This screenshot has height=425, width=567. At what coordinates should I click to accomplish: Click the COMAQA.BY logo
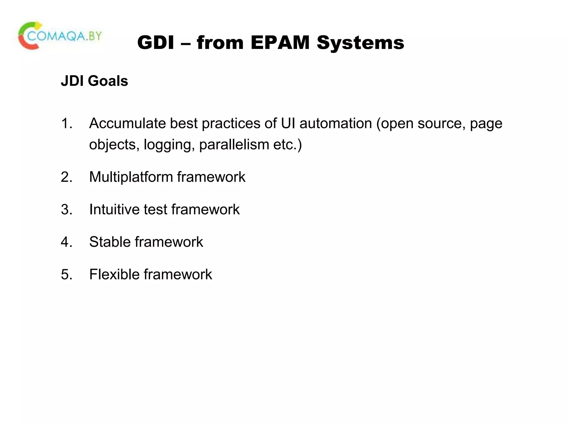(x=60, y=36)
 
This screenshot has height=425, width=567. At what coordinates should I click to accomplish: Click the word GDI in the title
(x=156, y=43)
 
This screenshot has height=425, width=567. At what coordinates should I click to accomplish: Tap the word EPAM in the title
(x=280, y=43)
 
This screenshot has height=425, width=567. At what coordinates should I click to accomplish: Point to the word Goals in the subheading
(x=108, y=81)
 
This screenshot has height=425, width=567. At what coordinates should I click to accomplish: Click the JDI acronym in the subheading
(x=72, y=81)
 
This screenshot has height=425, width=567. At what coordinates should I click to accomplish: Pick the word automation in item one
(x=336, y=123)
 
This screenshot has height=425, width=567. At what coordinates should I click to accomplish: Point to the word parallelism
(x=234, y=145)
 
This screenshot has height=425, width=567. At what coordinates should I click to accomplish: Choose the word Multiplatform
(x=131, y=177)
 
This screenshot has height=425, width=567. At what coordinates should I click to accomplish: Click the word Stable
(x=110, y=242)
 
